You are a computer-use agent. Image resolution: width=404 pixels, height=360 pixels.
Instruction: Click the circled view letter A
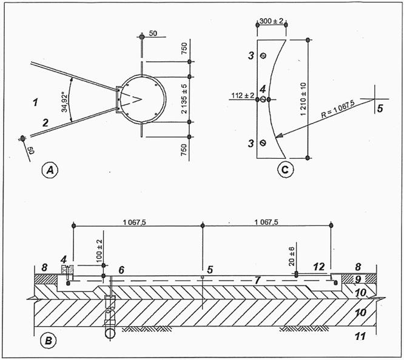[x=51, y=171]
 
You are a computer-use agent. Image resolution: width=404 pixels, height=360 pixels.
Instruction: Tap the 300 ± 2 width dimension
[x=272, y=21]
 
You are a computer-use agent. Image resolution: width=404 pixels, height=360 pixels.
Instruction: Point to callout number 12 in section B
[x=318, y=266]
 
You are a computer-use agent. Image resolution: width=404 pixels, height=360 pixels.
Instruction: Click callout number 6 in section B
[x=121, y=268]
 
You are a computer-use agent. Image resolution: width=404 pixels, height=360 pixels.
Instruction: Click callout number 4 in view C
[x=263, y=88]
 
